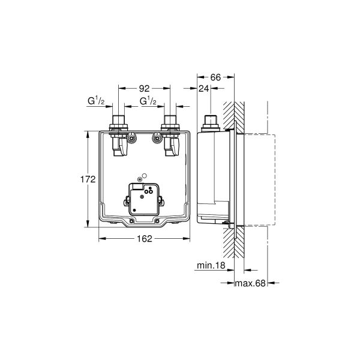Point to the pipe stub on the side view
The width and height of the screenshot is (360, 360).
point(210,121)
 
